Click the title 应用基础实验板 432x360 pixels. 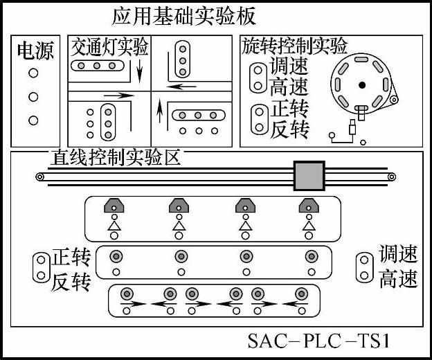click(x=183, y=15)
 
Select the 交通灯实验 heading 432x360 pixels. click(x=110, y=47)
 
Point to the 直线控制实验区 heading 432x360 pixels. click(x=115, y=157)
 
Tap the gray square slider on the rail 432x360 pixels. click(x=309, y=177)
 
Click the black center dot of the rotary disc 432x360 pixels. click(x=361, y=85)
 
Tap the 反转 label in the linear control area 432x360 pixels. click(x=71, y=282)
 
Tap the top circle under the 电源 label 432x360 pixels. click(x=33, y=73)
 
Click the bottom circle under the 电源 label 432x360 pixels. click(x=33, y=120)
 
